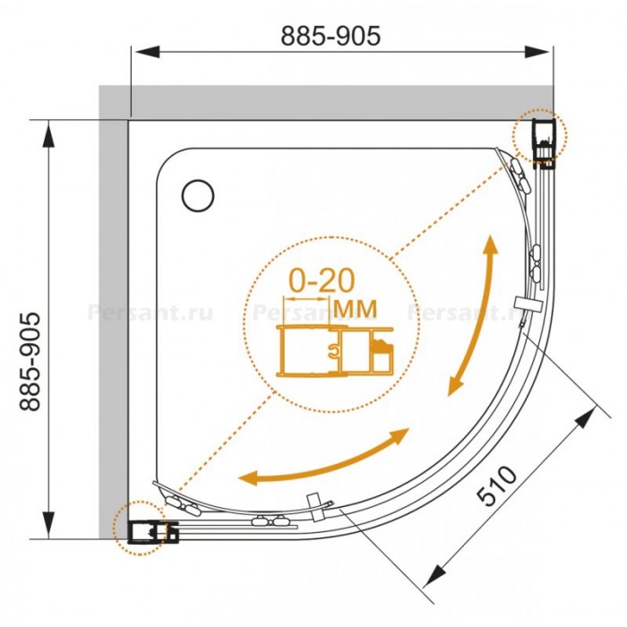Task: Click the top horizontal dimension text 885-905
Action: coord(331,36)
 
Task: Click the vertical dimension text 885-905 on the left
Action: coord(30,362)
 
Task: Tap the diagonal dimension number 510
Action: coord(497,485)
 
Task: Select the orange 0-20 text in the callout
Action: coord(322,280)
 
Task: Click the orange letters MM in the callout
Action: coord(355,308)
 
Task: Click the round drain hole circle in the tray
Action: coord(198,195)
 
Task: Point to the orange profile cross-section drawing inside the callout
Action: coord(335,351)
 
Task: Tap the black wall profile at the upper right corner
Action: coord(544,144)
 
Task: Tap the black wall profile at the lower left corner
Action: coord(153,532)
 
